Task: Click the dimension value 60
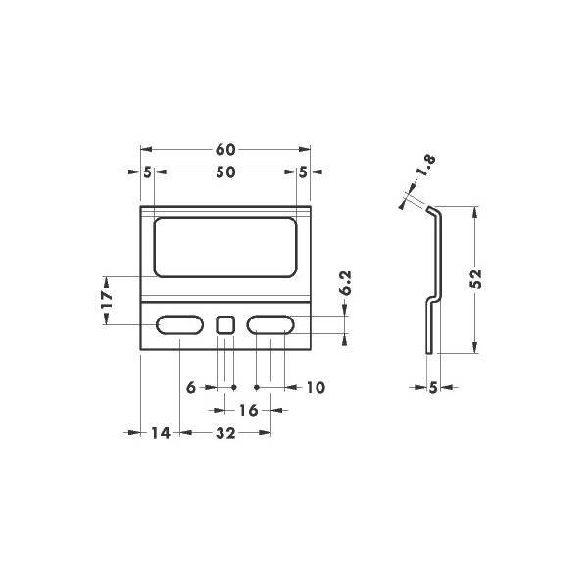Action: (x=225, y=150)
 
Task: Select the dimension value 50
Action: (x=225, y=172)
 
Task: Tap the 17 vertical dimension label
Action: (x=107, y=299)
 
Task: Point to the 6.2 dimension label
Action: (x=345, y=283)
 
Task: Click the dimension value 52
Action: (x=475, y=279)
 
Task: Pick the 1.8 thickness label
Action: (x=426, y=166)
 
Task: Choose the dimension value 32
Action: (x=225, y=433)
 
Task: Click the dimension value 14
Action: (x=161, y=433)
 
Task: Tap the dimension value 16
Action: (x=248, y=410)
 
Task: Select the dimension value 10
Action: (x=316, y=387)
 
